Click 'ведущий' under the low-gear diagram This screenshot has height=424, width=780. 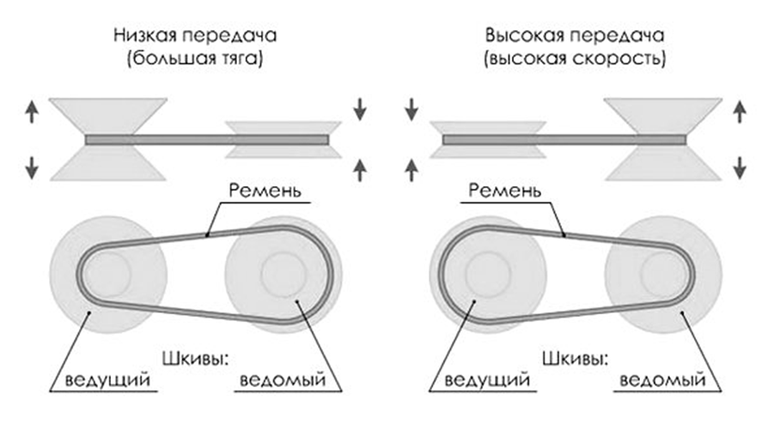[103, 379]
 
